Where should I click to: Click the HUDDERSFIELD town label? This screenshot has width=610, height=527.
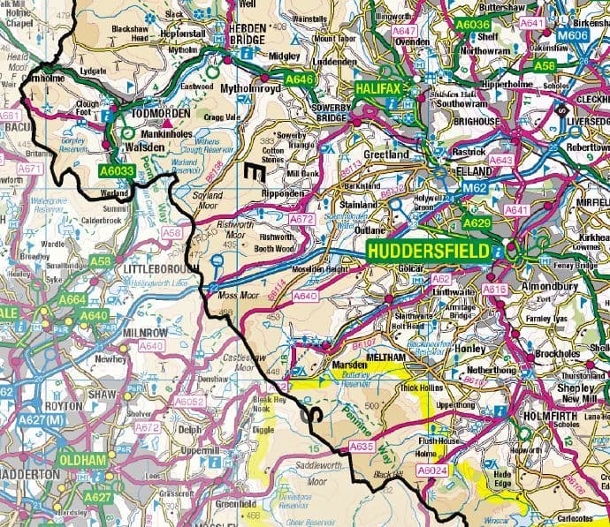tap(429, 252)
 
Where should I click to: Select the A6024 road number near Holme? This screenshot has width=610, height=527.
tap(431, 471)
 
